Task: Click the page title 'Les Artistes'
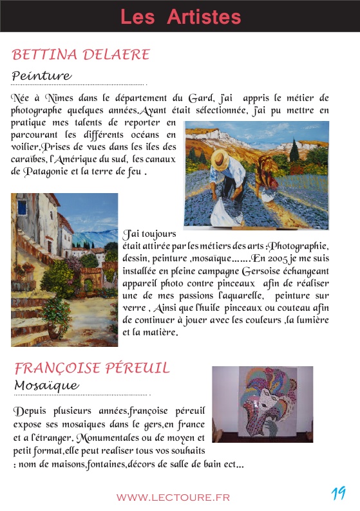tap(180, 17)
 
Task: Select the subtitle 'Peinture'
tap(41, 77)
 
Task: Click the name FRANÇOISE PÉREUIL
tap(92, 368)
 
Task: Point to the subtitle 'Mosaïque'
tap(46, 386)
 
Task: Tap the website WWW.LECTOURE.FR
tap(173, 497)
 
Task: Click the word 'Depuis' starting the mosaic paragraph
tap(28, 411)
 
